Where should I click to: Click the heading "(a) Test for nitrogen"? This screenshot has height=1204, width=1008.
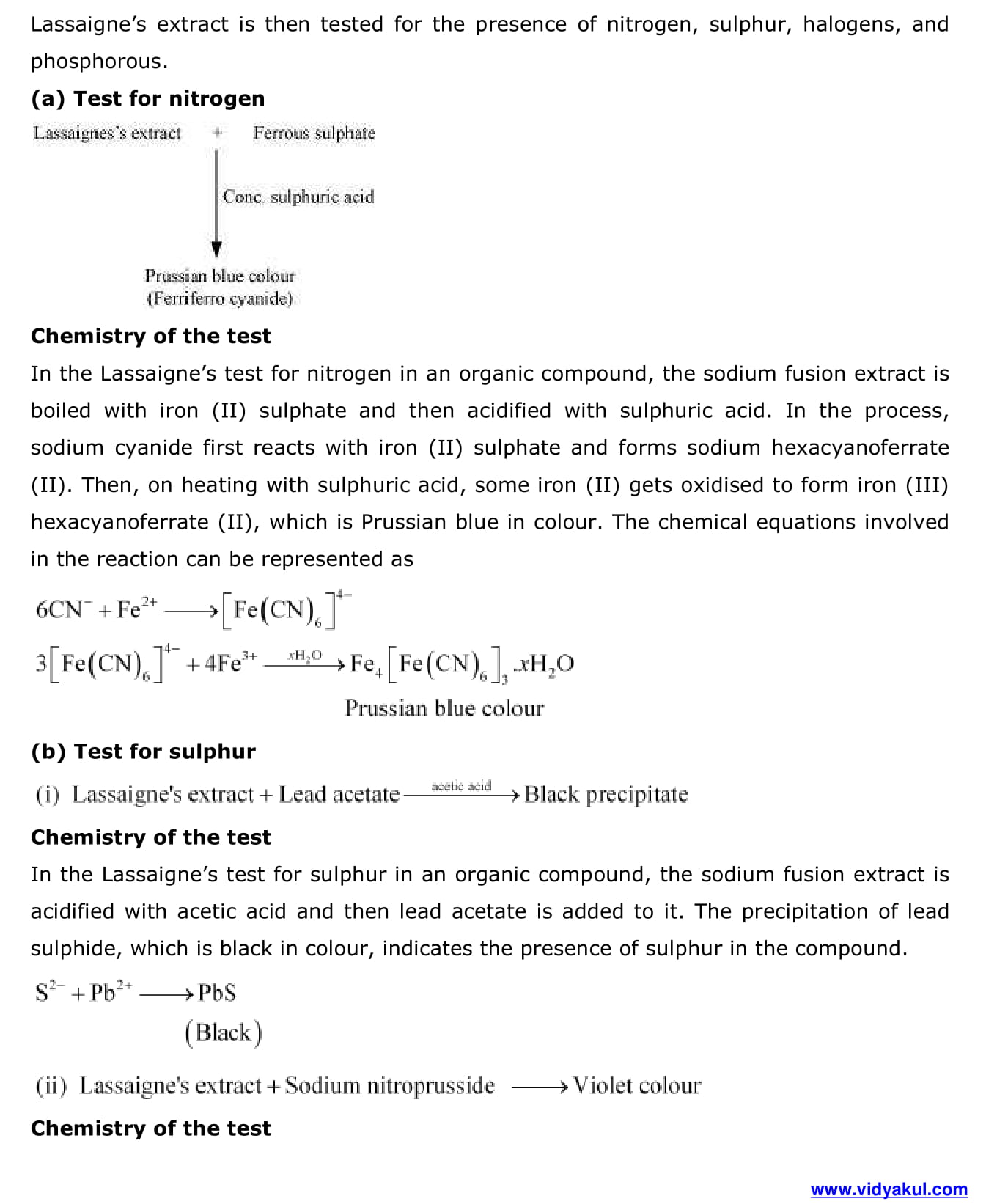coord(147,98)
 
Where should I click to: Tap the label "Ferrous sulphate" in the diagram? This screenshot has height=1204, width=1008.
coord(314,133)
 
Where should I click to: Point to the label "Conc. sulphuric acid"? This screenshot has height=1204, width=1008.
coord(298,197)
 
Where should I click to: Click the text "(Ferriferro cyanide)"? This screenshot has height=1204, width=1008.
coord(219,299)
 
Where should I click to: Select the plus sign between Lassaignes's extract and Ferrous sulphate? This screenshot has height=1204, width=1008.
coord(217,133)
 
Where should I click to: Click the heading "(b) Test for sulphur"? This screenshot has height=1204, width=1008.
coord(143,752)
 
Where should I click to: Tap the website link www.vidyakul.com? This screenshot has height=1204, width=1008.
coord(889,1189)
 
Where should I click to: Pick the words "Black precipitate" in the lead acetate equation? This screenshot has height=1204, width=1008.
coord(606,794)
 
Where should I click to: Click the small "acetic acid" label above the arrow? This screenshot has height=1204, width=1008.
coord(461,785)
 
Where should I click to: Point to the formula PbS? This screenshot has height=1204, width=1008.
coord(217,993)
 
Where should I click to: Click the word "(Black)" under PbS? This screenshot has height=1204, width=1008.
coord(223,1032)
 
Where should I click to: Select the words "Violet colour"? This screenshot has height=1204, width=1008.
coord(636,1085)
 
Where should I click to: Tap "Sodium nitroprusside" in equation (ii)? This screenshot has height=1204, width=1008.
coord(389,1085)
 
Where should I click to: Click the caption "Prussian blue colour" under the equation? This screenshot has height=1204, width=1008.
coord(444,708)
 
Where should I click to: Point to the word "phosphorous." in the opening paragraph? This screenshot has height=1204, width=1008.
coord(99,62)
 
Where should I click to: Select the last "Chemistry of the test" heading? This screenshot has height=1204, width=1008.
coord(150,1128)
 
